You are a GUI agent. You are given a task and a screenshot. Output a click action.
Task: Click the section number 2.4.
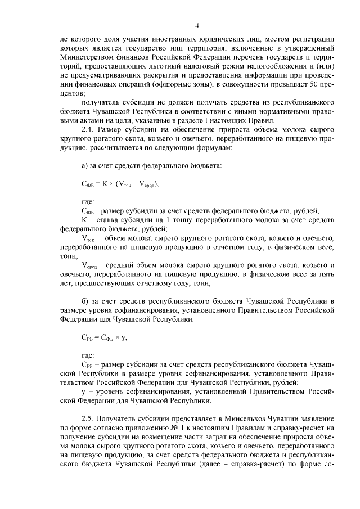(88, 129)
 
